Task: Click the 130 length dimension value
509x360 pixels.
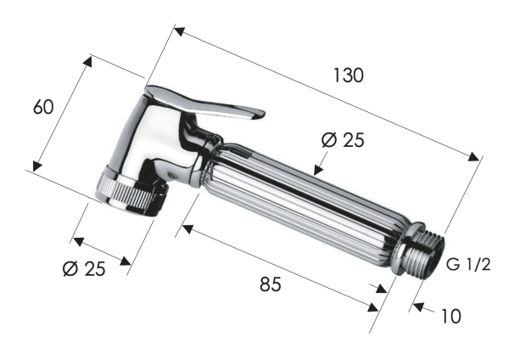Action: coord(347,75)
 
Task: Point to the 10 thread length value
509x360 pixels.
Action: coord(451,316)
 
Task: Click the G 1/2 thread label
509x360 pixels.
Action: coord(469,266)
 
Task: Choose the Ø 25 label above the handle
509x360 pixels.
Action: coord(343,141)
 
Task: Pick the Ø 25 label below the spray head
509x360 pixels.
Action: coord(84,269)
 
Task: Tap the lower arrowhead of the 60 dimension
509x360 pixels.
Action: coord(35,166)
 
